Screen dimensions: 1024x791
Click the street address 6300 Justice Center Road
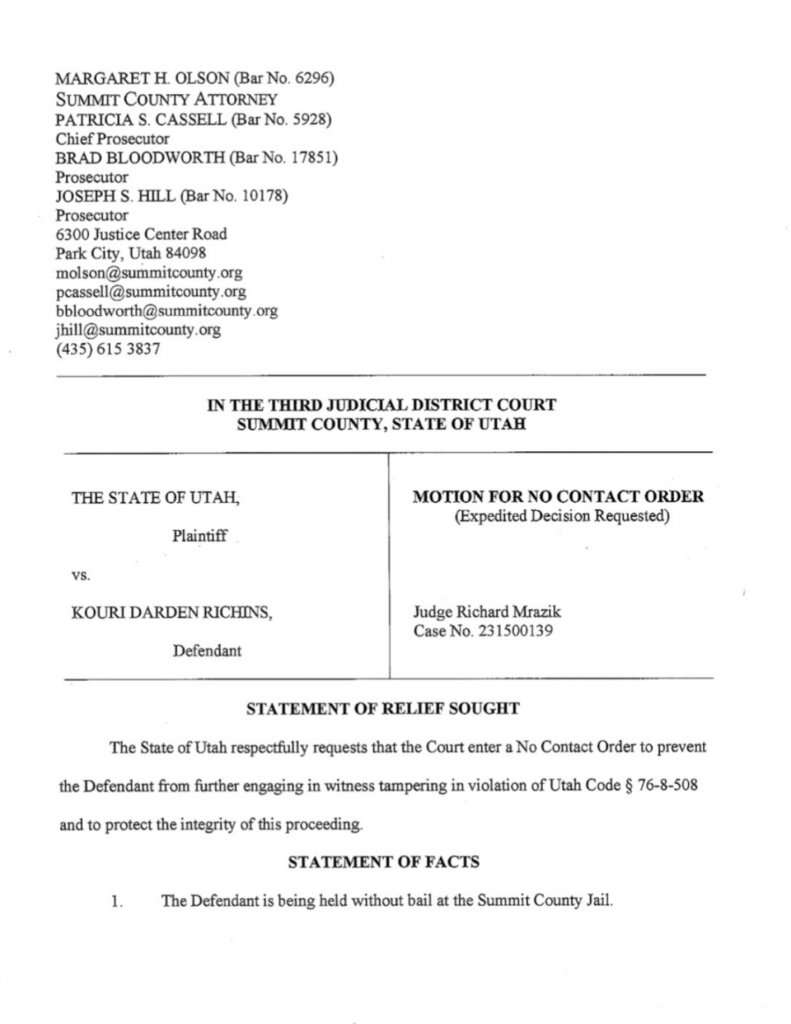141,234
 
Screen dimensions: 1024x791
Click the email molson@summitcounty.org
149,272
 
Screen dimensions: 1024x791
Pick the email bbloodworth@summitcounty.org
166,310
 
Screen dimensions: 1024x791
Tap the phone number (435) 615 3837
108,349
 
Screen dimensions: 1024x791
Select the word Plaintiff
200,536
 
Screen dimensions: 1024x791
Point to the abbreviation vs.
81,575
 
